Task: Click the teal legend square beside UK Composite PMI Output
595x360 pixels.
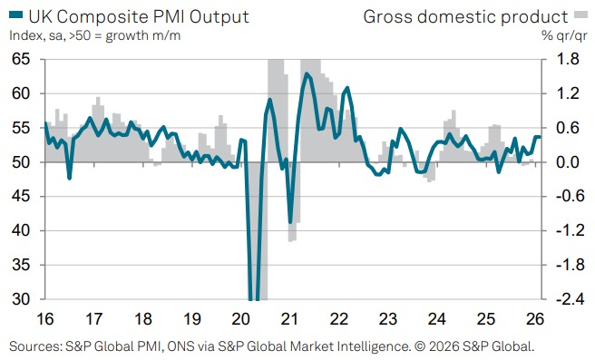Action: click(16, 15)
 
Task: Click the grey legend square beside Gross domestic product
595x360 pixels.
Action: click(580, 15)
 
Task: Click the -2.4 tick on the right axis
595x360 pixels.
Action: click(558, 299)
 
